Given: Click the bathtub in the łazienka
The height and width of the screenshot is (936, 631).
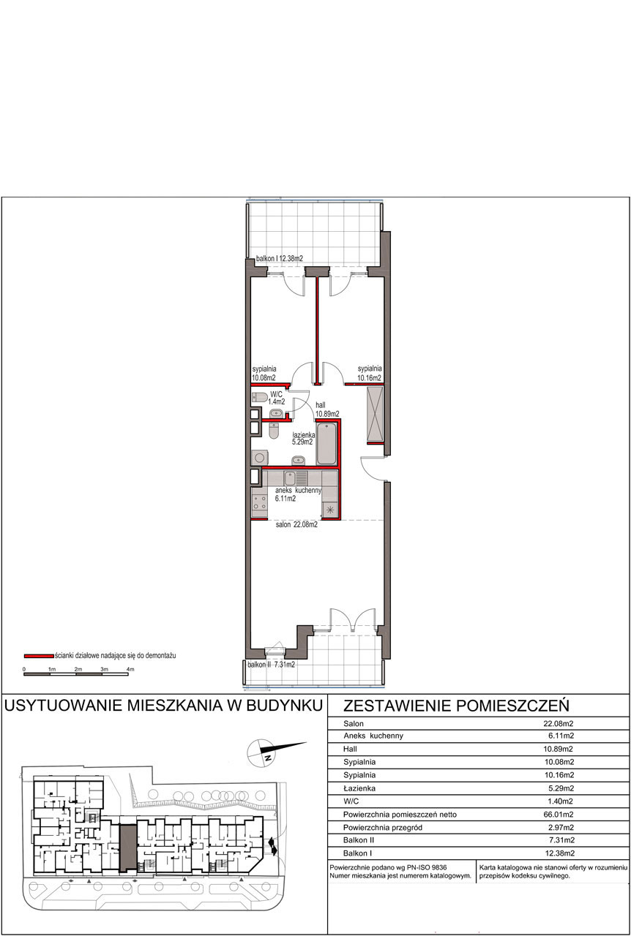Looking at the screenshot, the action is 326,444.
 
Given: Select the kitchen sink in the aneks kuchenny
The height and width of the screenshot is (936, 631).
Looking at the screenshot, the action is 295,478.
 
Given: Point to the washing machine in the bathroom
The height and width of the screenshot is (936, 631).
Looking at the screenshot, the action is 259,457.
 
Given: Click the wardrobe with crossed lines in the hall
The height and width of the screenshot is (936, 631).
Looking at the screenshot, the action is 375,415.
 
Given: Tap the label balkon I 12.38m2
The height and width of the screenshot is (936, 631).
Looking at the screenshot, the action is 280,259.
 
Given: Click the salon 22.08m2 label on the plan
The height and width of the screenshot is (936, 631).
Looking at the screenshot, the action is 296,524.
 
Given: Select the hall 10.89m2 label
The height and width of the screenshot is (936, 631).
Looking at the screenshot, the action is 327,409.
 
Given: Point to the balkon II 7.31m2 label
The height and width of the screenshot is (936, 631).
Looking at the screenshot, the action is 271,665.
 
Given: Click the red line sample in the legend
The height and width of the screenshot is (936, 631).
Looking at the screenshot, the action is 39,656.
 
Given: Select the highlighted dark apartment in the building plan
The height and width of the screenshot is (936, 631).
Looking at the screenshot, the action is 128,848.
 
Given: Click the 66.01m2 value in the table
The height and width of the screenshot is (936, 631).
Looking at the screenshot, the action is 559,815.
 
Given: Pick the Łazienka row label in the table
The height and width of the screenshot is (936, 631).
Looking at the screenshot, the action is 359,788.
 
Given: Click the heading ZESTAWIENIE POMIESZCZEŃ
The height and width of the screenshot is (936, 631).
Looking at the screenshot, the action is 456,706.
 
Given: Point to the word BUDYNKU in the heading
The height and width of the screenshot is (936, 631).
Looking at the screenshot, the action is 285,706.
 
